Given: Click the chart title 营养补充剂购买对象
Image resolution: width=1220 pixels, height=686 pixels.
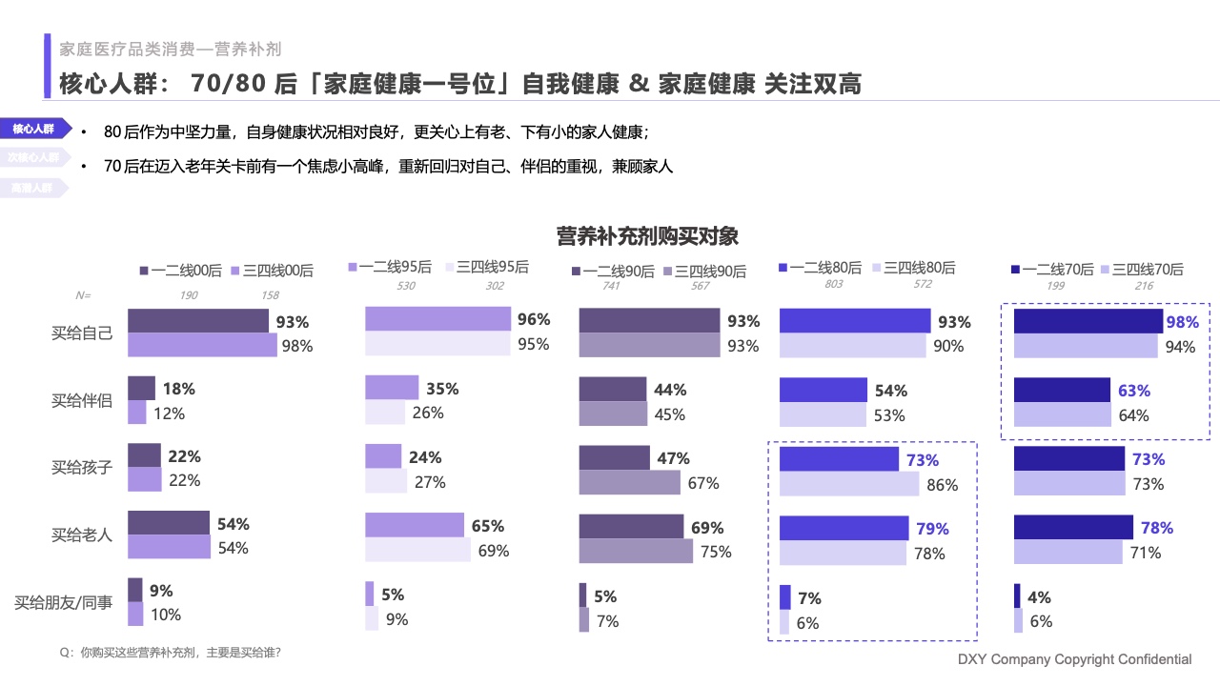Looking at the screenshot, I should (647, 235).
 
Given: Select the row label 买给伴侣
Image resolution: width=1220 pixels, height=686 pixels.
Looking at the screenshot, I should (82, 401).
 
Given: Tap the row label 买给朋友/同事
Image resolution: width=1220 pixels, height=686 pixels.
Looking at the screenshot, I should (63, 603).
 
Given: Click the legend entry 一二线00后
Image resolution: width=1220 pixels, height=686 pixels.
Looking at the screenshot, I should (180, 271).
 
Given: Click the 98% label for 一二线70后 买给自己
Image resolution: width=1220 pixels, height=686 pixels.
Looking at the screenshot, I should (1182, 322).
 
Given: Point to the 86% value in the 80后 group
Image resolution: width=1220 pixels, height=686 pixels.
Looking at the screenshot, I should (942, 485).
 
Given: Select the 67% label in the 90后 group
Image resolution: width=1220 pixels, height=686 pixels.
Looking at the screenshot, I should (703, 483).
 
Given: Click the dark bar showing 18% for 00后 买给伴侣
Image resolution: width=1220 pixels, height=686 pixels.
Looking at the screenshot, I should (141, 388).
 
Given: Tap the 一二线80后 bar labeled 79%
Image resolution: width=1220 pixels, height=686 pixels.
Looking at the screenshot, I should (844, 528).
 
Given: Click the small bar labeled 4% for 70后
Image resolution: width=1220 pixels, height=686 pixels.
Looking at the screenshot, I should (1017, 596).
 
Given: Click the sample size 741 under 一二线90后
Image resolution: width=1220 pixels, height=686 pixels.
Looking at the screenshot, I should (613, 286).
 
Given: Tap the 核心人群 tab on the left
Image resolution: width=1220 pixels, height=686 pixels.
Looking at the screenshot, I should (33, 129).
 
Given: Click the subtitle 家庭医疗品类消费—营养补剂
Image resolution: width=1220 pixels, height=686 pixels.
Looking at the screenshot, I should (170, 49).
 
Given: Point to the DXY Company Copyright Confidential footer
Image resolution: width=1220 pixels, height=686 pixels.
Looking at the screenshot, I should (1074, 659).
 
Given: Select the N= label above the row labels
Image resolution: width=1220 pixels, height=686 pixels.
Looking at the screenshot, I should (83, 295).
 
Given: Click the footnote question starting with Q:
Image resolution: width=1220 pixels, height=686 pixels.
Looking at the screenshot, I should (170, 653).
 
